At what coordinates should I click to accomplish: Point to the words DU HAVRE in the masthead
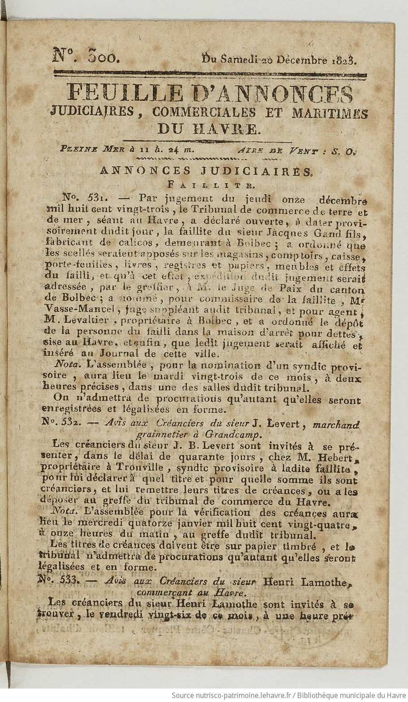tap(208, 129)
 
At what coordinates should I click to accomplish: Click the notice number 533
tap(60, 579)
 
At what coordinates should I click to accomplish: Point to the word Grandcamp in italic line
tap(232, 434)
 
